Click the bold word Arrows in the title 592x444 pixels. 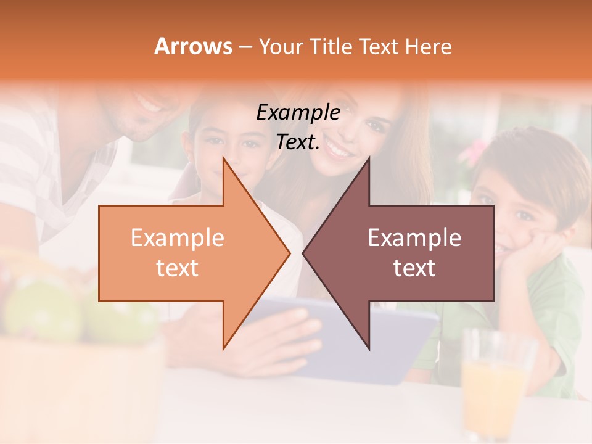coord(193,46)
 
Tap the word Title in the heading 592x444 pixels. coord(331,46)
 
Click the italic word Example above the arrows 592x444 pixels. coord(298,113)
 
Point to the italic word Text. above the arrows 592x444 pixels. coord(298,142)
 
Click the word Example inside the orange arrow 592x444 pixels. coord(178,238)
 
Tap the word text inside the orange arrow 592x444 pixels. coord(178,268)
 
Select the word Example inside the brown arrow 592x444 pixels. coord(414,238)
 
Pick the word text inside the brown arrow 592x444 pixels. coord(414,268)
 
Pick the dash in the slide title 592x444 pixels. coord(244,47)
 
